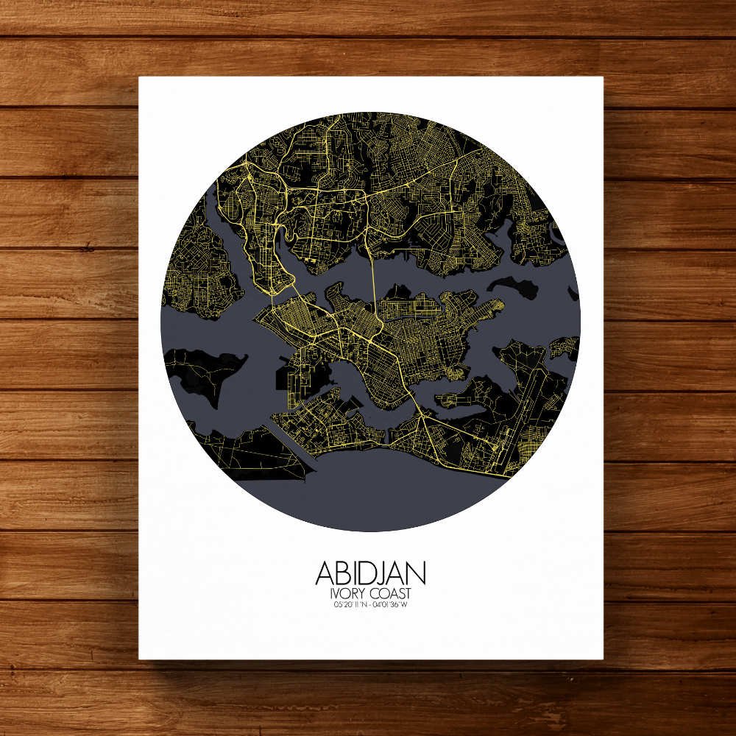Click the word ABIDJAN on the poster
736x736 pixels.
pos(370,573)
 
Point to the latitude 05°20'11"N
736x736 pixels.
pos(350,605)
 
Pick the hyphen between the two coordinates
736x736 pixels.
pos(370,605)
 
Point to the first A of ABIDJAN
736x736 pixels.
pos(328,573)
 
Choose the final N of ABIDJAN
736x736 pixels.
pos(417,573)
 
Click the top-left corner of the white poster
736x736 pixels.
pos(140,77)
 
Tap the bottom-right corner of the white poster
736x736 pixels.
pos(603,659)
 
